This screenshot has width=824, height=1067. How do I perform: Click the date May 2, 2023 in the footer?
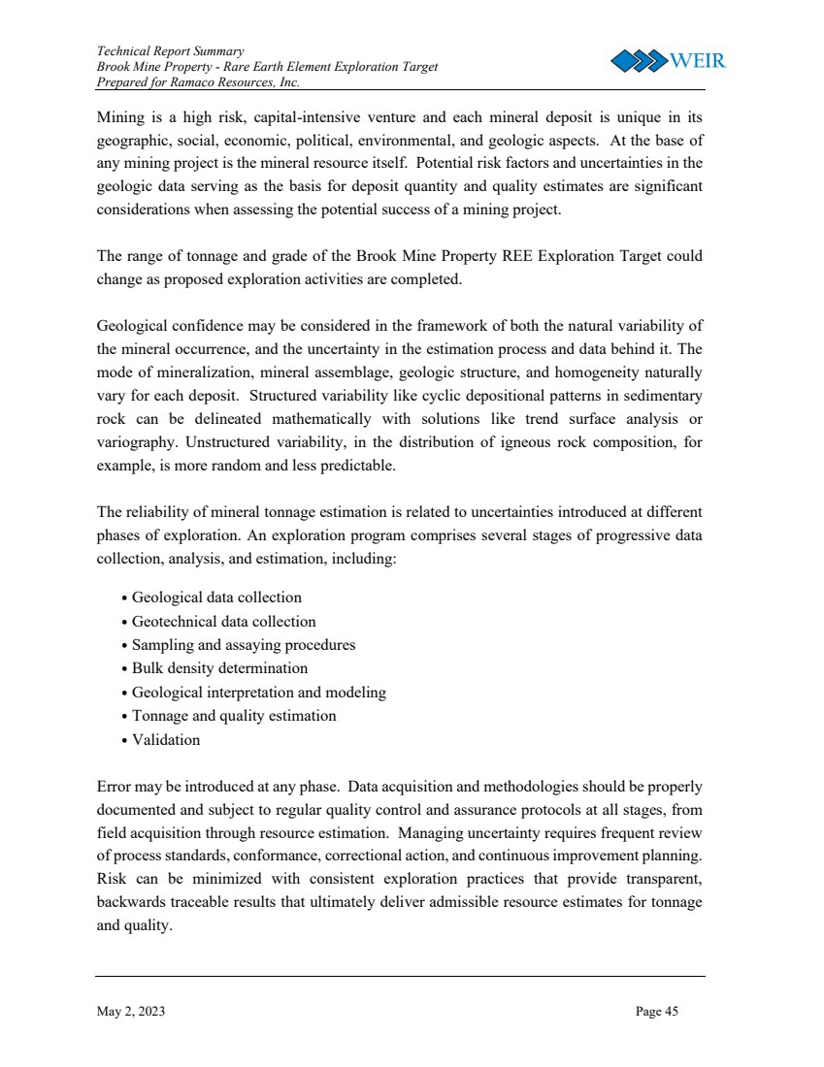point(131,1012)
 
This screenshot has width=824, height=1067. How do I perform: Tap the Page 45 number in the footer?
point(657,1012)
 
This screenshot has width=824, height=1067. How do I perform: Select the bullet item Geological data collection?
point(216,598)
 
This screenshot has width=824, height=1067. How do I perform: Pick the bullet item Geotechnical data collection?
point(223,622)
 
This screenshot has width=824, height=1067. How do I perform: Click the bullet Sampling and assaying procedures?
point(244,645)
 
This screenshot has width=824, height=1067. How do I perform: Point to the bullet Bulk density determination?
point(219,668)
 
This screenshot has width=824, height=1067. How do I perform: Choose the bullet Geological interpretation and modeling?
point(258,693)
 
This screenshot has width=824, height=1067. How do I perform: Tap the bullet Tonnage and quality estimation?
point(234,716)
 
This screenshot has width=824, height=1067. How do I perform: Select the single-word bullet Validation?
point(166,740)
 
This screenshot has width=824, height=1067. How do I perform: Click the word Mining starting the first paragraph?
point(120,119)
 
